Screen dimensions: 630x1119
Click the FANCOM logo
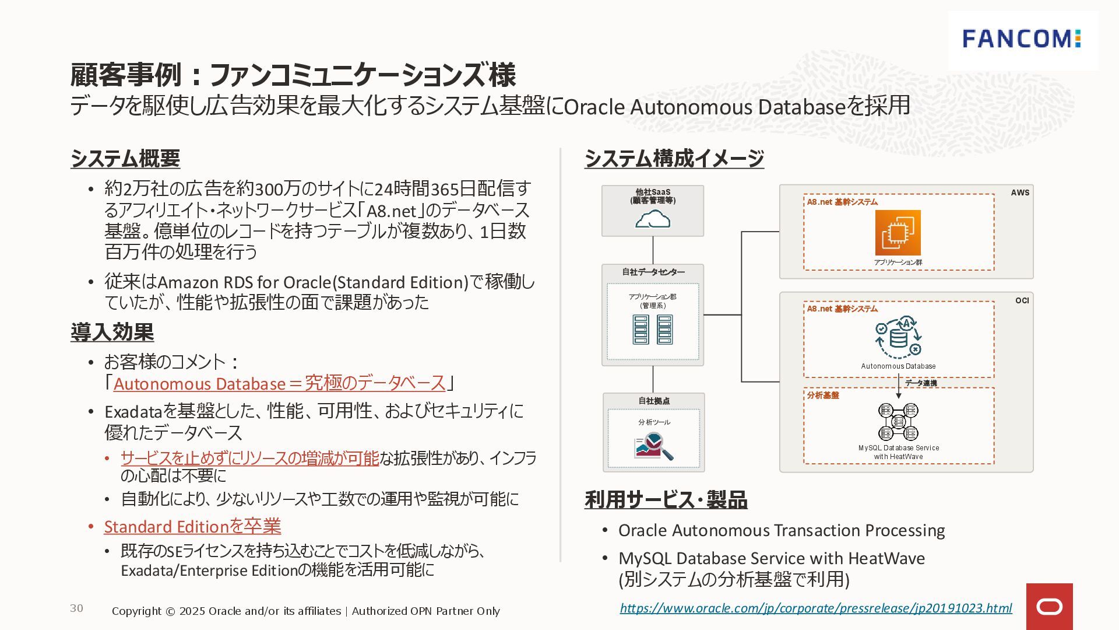1022,39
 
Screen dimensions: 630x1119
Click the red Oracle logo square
1049,607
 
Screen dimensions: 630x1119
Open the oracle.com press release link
815,608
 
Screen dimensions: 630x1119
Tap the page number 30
76,608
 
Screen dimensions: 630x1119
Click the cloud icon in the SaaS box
652,220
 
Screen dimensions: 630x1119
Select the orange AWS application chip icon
898,233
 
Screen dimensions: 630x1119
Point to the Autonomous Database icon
898,338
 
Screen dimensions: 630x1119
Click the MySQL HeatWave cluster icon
898,422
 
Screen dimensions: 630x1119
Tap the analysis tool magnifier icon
653,446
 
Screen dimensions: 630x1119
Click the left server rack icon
641,330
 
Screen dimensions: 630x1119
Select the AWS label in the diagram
1020,192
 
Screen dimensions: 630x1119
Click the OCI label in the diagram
1022,300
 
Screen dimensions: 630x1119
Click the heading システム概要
125,159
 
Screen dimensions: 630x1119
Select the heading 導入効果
112,332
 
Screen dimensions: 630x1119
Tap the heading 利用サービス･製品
666,500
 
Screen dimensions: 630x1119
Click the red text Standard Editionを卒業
192,526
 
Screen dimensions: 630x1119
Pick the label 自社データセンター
653,272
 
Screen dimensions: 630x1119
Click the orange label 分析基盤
823,395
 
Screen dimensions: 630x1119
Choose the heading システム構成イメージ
674,159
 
